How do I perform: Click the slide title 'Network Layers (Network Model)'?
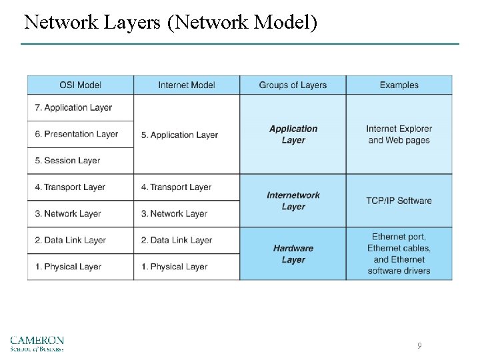coord(171,23)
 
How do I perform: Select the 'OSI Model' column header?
coord(80,85)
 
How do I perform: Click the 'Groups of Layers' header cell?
coord(293,85)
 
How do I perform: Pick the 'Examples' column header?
coord(399,85)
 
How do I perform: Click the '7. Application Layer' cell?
coord(73,107)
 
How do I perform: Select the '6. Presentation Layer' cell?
coord(76,134)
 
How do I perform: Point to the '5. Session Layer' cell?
coord(67,161)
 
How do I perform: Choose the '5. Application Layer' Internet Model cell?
coord(179,135)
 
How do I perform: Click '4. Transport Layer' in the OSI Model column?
coord(70,187)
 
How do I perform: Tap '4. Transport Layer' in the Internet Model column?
coord(176,187)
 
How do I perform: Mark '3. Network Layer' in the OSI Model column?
coord(67,214)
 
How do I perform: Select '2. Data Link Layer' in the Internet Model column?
coord(176,240)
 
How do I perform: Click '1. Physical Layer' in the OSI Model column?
coord(67,267)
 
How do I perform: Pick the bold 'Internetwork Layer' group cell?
coord(293,201)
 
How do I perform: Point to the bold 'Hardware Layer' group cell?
coord(293,254)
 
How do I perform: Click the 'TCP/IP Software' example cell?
coord(399,201)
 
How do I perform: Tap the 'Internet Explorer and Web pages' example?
coord(399,134)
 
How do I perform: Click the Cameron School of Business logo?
coord(37,343)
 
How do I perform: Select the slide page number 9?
coord(419,345)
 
